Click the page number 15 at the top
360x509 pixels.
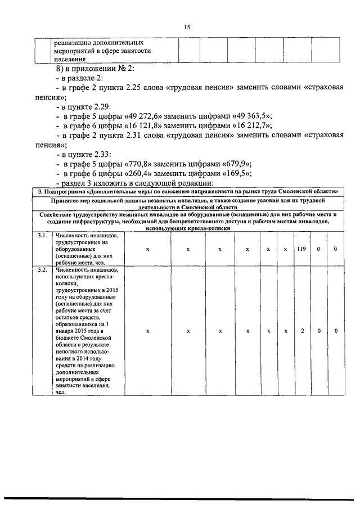(x=187, y=26)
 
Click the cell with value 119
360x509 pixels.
(x=301, y=248)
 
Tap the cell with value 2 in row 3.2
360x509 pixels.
(x=301, y=331)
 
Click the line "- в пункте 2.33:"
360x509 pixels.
(x=84, y=154)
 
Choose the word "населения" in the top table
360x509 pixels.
(x=70, y=58)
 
